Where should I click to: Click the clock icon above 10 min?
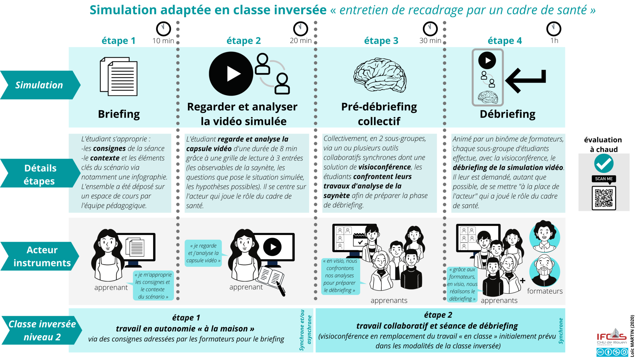[x=163, y=29]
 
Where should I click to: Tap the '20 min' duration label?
[x=301, y=41]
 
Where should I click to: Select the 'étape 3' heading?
[x=381, y=41]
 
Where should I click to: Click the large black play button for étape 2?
[x=231, y=74]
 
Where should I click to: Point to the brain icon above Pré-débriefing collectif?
[x=380, y=75]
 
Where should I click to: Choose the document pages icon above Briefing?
[x=119, y=76]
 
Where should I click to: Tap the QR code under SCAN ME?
[x=604, y=198]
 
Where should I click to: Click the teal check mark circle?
[x=604, y=163]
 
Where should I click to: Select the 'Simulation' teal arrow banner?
[x=39, y=85]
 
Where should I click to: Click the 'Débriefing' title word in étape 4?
[x=507, y=114]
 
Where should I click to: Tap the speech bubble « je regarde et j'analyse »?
[x=203, y=253]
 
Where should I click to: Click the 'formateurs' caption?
[x=545, y=291]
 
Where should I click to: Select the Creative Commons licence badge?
[x=612, y=352]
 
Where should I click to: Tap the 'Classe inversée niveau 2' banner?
[x=42, y=331]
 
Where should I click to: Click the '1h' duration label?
[x=554, y=41]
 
